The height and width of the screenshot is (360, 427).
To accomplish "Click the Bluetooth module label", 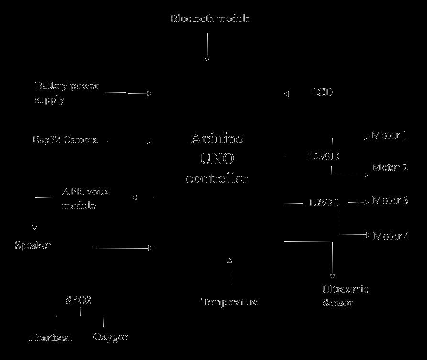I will [x=210, y=19].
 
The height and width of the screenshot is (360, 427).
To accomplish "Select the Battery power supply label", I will [x=66, y=92].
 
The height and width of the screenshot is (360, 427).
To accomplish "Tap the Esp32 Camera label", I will [x=65, y=140].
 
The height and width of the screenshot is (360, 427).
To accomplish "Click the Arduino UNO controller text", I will [x=217, y=158].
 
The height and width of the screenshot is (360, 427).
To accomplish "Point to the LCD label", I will [x=322, y=92].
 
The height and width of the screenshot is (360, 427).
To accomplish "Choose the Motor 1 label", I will [x=389, y=135].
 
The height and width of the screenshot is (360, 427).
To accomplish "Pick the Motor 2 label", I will [x=390, y=167].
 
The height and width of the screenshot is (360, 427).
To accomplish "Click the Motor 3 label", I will [x=390, y=200].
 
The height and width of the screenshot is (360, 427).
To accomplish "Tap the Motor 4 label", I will [x=392, y=236].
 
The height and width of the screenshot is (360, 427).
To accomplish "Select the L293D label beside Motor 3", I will [x=325, y=203].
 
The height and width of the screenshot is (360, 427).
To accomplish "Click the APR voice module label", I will [x=86, y=198].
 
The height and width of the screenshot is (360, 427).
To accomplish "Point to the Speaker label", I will [x=33, y=246].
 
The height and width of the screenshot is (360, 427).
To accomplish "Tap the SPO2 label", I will [x=78, y=301].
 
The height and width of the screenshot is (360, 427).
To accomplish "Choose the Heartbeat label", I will [x=51, y=338].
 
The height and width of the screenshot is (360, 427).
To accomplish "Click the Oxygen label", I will [x=111, y=337].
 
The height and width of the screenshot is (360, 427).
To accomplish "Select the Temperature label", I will [x=230, y=302].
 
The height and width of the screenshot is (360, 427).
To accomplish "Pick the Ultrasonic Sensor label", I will [x=345, y=296].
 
